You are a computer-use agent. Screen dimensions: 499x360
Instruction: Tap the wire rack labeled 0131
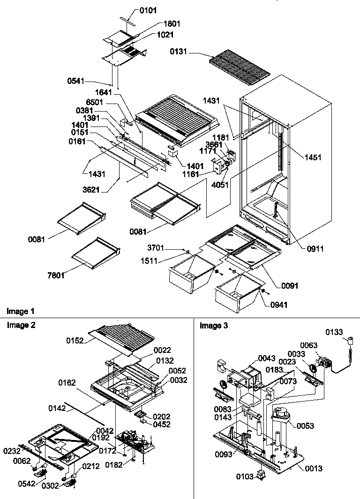tap(239, 67)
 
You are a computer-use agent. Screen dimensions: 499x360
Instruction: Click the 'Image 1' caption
tap(20, 311)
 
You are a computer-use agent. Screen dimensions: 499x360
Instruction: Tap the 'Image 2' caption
tap(21, 324)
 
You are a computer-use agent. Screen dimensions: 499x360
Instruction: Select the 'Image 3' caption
tap(214, 326)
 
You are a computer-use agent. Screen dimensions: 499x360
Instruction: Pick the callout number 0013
tap(313, 468)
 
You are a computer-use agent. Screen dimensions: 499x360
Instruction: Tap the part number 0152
tap(75, 341)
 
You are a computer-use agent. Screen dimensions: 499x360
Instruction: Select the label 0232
tap(12, 451)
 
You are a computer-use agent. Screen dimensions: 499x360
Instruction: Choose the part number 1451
tap(312, 157)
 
